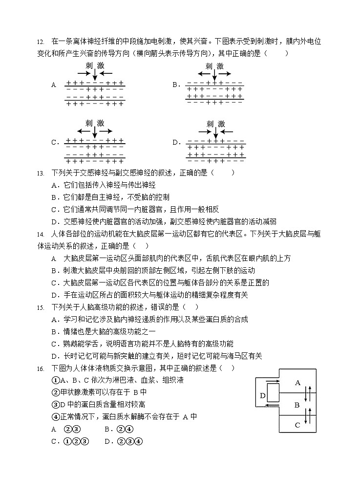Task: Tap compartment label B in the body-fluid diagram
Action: click(297, 405)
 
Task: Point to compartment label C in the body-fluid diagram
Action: click(297, 425)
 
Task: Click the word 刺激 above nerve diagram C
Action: click(94, 123)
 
